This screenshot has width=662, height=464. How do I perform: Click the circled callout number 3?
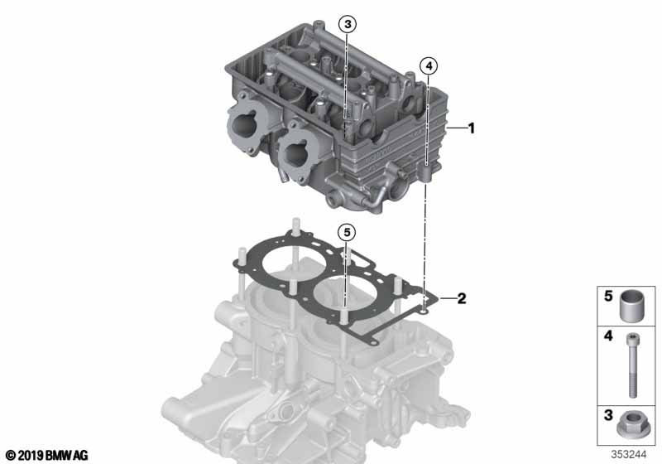[348, 24]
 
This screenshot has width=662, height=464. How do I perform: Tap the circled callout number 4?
[429, 66]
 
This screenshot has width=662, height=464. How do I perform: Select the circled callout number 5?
[347, 232]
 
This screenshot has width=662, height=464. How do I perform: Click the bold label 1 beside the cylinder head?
[472, 128]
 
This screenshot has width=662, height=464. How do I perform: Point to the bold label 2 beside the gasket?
[462, 298]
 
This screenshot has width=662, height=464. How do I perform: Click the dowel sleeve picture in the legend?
[629, 306]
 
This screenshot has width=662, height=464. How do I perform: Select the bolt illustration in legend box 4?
[632, 365]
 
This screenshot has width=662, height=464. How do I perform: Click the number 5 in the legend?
[608, 296]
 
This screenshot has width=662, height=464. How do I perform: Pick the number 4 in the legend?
[608, 336]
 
